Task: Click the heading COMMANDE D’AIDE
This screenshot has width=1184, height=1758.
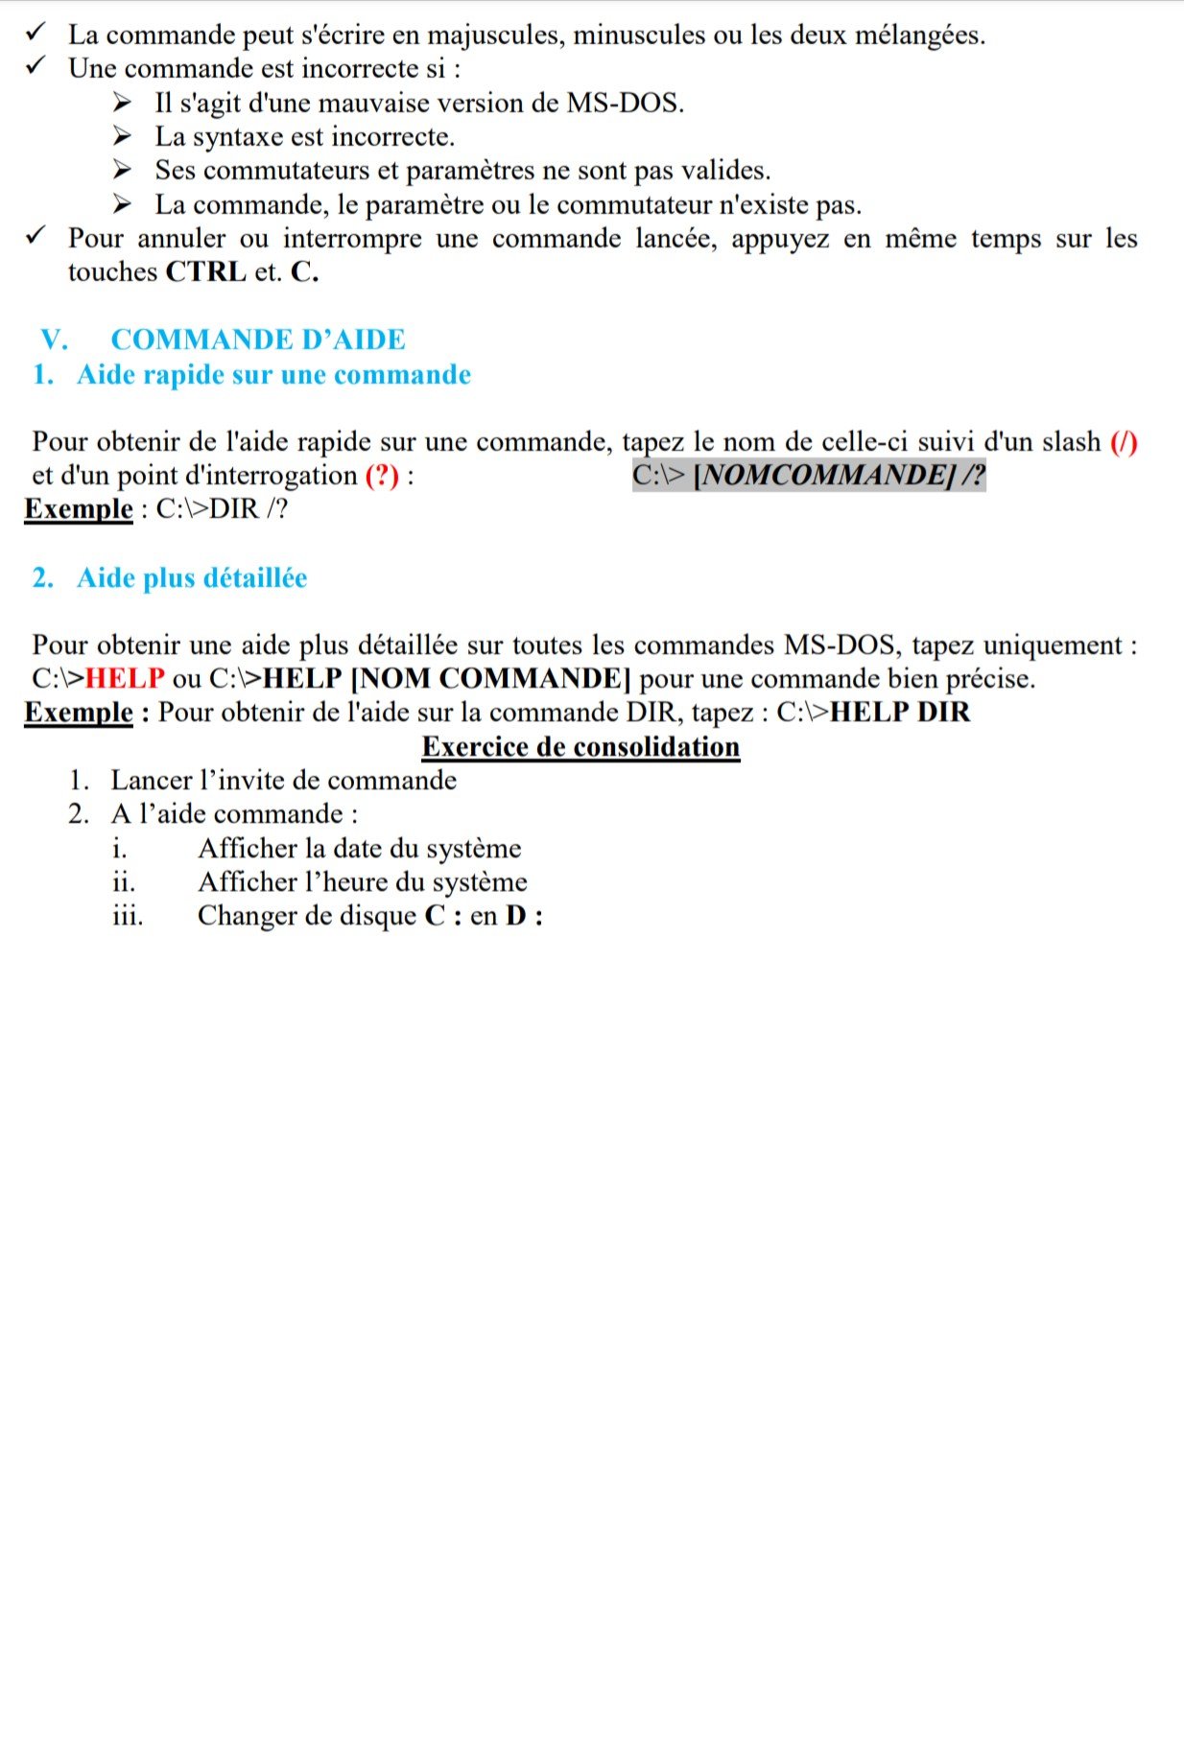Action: click(258, 340)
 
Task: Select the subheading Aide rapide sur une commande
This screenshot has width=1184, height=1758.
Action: click(273, 374)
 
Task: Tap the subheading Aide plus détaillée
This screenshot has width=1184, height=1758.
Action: click(192, 577)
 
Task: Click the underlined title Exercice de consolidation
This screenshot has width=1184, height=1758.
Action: click(580, 746)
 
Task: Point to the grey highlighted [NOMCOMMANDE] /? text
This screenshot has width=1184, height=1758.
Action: click(839, 475)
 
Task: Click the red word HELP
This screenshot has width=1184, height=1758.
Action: click(126, 679)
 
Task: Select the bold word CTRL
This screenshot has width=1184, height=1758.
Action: click(206, 272)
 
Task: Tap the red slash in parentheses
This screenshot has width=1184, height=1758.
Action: click(1124, 442)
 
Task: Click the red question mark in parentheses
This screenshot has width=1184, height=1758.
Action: click(382, 476)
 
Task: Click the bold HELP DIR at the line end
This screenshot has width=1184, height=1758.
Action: click(900, 713)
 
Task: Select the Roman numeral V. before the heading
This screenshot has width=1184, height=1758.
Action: click(55, 340)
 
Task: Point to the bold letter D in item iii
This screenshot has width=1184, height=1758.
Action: click(516, 916)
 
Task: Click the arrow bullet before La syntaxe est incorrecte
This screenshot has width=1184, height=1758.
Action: click(121, 136)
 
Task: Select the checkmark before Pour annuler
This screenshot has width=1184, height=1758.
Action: click(37, 237)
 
